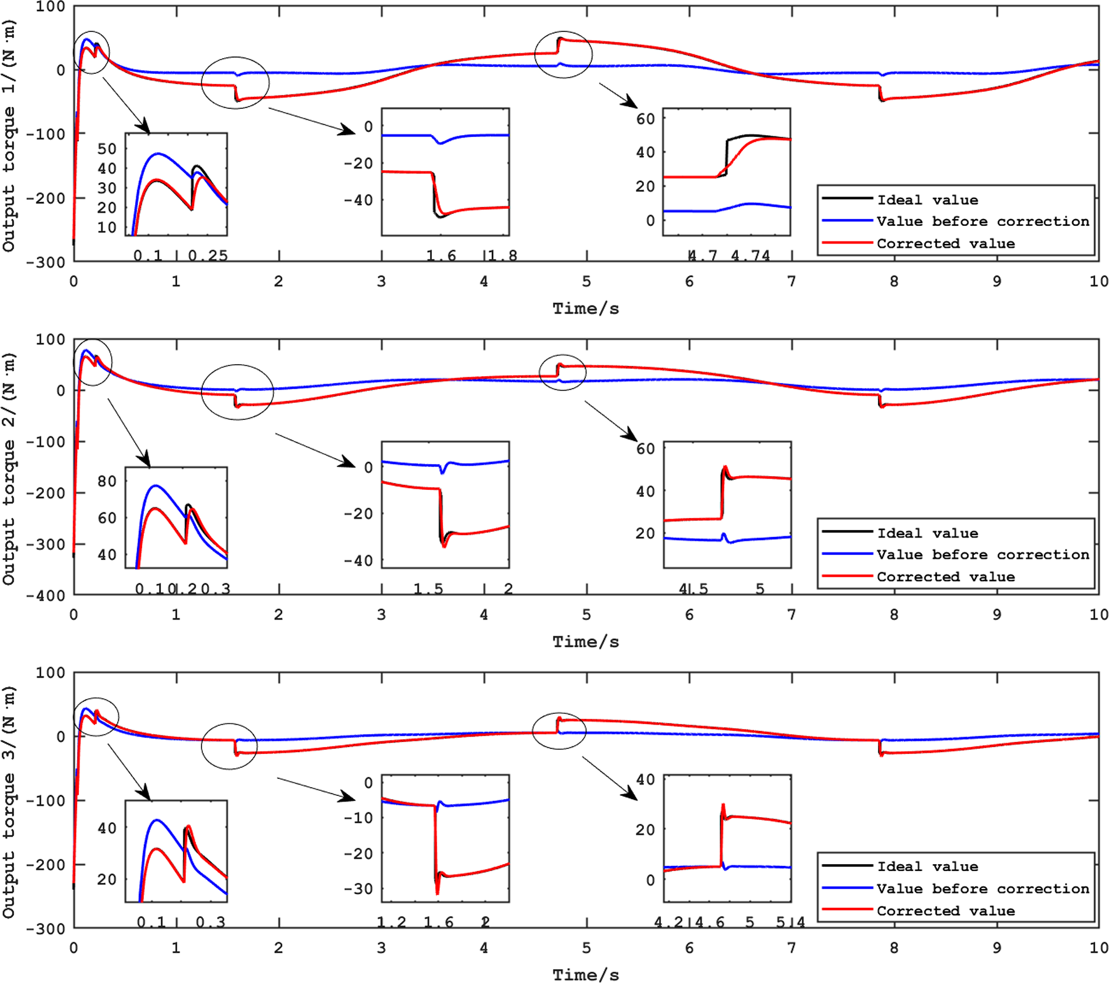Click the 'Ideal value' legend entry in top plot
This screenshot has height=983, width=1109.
click(927, 200)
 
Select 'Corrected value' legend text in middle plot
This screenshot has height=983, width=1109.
click(945, 577)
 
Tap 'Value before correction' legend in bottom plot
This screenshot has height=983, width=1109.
click(982, 889)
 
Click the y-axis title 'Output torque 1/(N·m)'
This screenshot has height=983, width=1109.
click(9, 135)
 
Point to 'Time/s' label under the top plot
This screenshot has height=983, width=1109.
click(585, 308)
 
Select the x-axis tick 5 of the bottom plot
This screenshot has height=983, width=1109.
click(586, 948)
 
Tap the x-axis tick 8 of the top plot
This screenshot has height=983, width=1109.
click(894, 282)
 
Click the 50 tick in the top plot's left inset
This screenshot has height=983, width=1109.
click(107, 149)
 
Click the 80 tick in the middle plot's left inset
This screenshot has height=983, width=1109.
click(107, 481)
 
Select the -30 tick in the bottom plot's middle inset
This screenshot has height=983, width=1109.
click(360, 889)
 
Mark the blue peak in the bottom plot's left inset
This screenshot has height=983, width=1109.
click(156, 820)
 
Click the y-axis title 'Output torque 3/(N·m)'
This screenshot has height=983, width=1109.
click(9, 802)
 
